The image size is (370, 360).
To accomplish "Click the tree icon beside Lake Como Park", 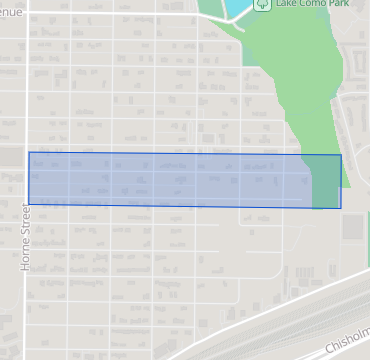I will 262,4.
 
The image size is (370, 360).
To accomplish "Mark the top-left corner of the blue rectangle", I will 28,152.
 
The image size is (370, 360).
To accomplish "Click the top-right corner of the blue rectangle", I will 341,154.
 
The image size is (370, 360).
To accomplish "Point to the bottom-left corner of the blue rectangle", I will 28,204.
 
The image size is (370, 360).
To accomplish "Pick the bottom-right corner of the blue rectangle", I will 341,208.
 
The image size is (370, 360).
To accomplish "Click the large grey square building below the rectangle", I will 353,227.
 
